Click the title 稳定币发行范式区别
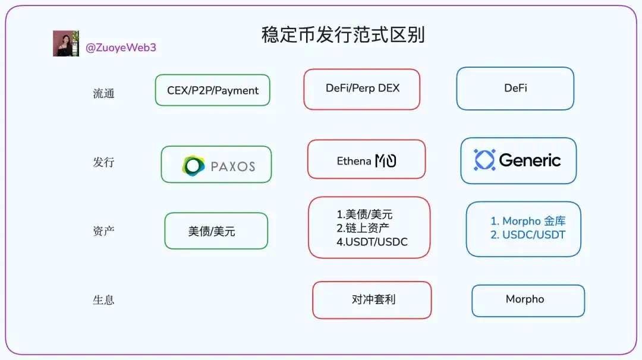(x=343, y=35)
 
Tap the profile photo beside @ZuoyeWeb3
(x=66, y=43)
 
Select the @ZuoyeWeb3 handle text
(x=121, y=48)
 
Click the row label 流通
(x=103, y=94)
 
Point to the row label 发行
(x=103, y=162)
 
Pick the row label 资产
(x=103, y=231)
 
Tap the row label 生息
(x=103, y=300)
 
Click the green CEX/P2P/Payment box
(x=212, y=90)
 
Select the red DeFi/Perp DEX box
(x=362, y=89)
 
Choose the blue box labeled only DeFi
(x=515, y=89)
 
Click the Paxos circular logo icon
(x=193, y=166)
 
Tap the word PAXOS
(x=233, y=166)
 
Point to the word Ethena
(x=354, y=161)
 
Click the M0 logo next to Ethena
(x=386, y=160)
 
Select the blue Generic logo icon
(x=484, y=160)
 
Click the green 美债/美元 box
(x=216, y=230)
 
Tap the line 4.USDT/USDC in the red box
(x=372, y=242)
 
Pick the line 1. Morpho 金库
(x=528, y=221)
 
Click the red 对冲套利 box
(x=372, y=300)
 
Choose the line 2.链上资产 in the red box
(x=363, y=228)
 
